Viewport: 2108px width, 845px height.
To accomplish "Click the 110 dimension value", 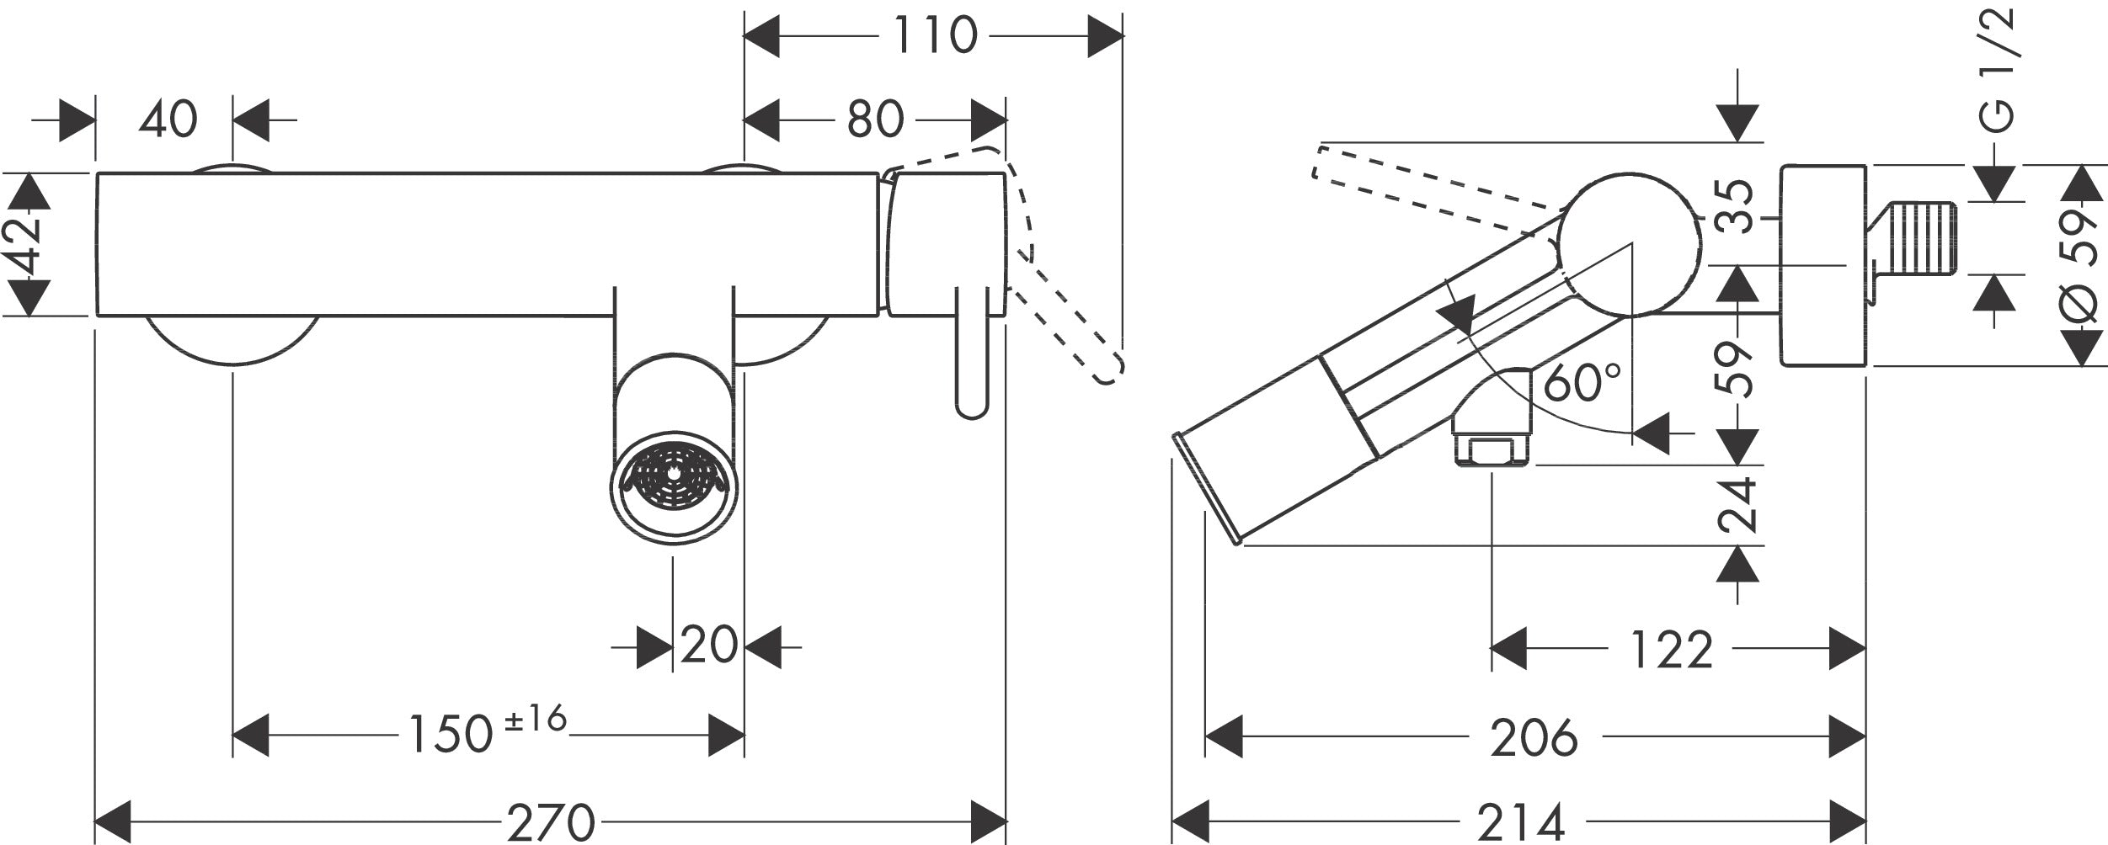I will pyautogui.click(x=934, y=36).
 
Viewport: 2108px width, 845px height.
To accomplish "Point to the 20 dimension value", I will pyautogui.click(x=708, y=646).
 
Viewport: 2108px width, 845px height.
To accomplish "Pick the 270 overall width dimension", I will pyautogui.click(x=551, y=821).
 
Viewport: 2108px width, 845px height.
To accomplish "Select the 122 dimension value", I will pyautogui.click(x=1672, y=651).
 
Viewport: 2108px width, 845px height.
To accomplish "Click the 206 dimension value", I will pyautogui.click(x=1534, y=738).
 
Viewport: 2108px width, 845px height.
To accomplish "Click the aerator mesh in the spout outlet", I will pyautogui.click(x=674, y=480).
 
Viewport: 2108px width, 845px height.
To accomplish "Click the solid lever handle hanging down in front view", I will pyautogui.click(x=972, y=353).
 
